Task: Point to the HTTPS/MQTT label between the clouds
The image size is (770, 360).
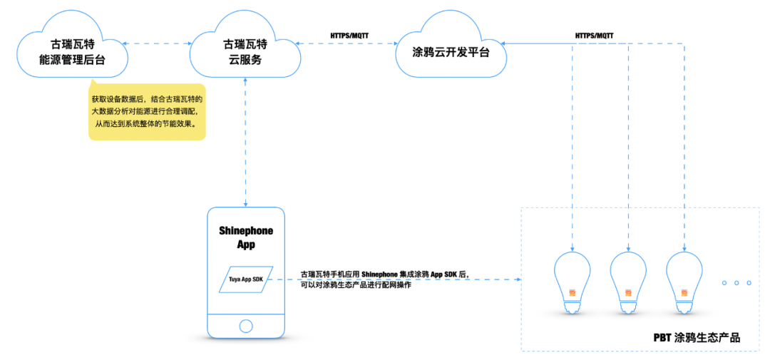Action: pyautogui.click(x=349, y=34)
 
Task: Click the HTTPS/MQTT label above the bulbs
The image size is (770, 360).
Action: pyautogui.click(x=594, y=34)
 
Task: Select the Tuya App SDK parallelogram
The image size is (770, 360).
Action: pyautogui.click(x=245, y=279)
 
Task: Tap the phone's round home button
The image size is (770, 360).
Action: pyautogui.click(x=245, y=326)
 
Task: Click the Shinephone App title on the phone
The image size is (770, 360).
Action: pyautogui.click(x=245, y=237)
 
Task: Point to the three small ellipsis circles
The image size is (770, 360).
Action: pyautogui.click(x=736, y=283)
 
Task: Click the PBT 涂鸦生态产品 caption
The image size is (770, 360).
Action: pyautogui.click(x=696, y=337)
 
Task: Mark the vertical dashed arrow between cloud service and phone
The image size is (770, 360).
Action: pyautogui.click(x=245, y=143)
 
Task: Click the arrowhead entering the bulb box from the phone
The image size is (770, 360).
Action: pyautogui.click(x=518, y=279)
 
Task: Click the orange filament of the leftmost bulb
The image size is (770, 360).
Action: pyautogui.click(x=573, y=292)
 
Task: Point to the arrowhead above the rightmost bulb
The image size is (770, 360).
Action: pyautogui.click(x=684, y=247)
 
